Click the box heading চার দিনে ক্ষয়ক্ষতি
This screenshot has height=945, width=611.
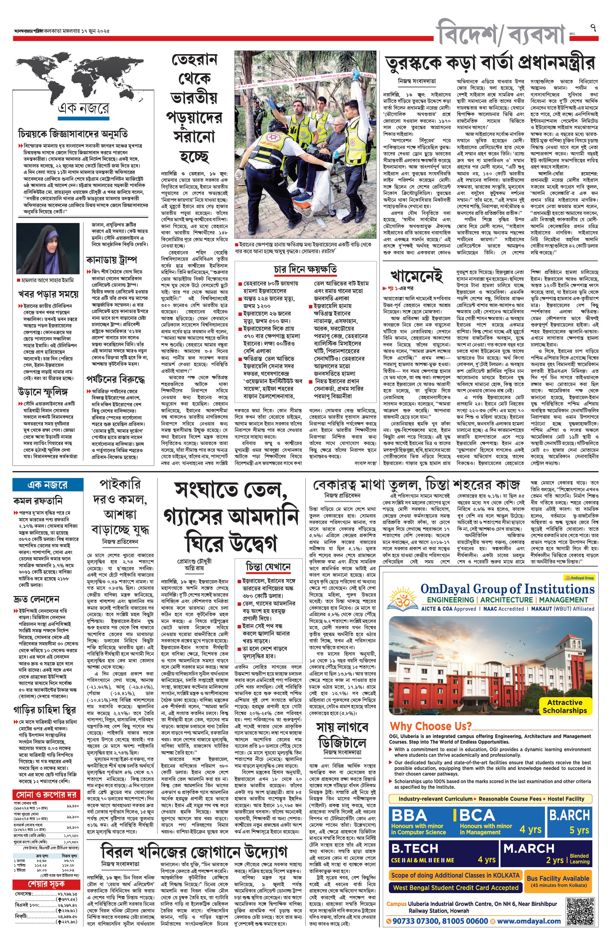pos(305,270)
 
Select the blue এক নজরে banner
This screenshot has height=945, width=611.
pos(48,484)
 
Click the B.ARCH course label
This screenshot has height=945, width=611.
pos(569,815)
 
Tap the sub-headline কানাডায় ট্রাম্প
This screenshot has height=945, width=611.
pos(112,260)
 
